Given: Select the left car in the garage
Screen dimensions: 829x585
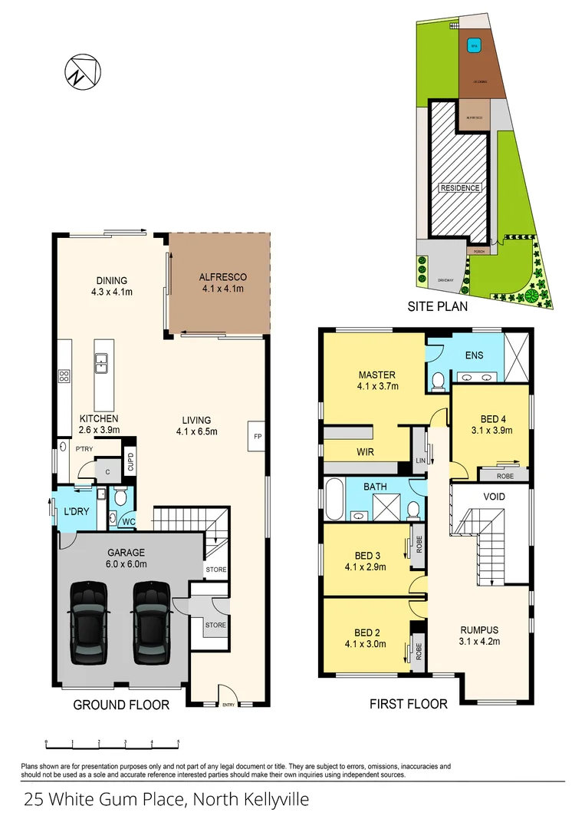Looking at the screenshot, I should [x=88, y=623].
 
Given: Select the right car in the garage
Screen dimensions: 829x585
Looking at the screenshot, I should [x=150, y=623].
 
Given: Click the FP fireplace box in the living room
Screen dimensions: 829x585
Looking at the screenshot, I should [x=257, y=435].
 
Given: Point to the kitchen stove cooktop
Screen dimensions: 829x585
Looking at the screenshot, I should [x=64, y=376].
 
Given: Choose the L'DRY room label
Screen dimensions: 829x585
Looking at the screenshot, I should [x=77, y=510].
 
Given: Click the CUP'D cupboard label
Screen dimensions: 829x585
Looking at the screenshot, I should [x=130, y=462].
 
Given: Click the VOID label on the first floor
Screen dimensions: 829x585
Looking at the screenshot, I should [x=495, y=497].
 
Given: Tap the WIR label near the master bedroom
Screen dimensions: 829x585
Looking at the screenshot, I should [x=365, y=452].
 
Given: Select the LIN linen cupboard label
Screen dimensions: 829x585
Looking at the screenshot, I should [x=419, y=460].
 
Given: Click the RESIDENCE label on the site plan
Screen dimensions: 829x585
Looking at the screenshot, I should [x=460, y=188].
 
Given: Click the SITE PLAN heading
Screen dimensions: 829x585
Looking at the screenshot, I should [x=438, y=306].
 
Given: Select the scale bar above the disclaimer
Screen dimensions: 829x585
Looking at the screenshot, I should [x=112, y=742].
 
